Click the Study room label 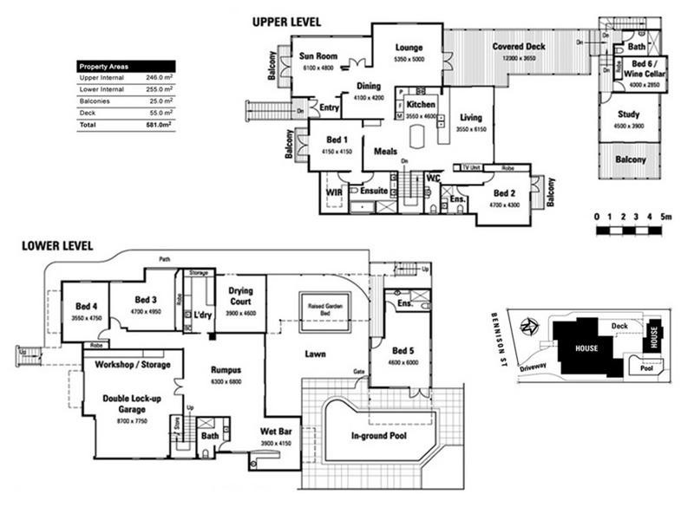click(x=629, y=114)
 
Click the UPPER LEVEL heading click(x=286, y=22)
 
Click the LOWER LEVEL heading click(x=57, y=246)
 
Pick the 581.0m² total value click(x=158, y=126)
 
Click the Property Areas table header click(x=106, y=66)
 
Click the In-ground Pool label click(x=378, y=436)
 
